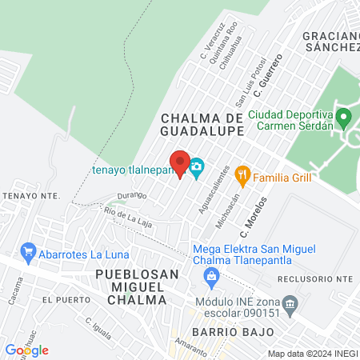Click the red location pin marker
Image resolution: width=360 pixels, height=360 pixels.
(x=179, y=162)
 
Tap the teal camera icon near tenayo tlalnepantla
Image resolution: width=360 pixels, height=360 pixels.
(x=197, y=167)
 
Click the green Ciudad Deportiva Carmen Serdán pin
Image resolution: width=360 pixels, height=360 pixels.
(x=345, y=119)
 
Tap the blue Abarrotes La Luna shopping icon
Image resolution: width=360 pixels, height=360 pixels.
(x=29, y=253)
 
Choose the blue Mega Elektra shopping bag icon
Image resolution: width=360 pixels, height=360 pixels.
(x=212, y=278)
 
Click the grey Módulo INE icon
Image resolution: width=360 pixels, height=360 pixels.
(x=290, y=302)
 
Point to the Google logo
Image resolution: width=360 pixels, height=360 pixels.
(x=26, y=350)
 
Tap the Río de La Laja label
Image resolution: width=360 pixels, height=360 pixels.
(x=128, y=213)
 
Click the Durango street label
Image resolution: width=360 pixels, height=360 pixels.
(x=131, y=194)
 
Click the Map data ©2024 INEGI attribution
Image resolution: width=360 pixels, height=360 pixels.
(x=311, y=354)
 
